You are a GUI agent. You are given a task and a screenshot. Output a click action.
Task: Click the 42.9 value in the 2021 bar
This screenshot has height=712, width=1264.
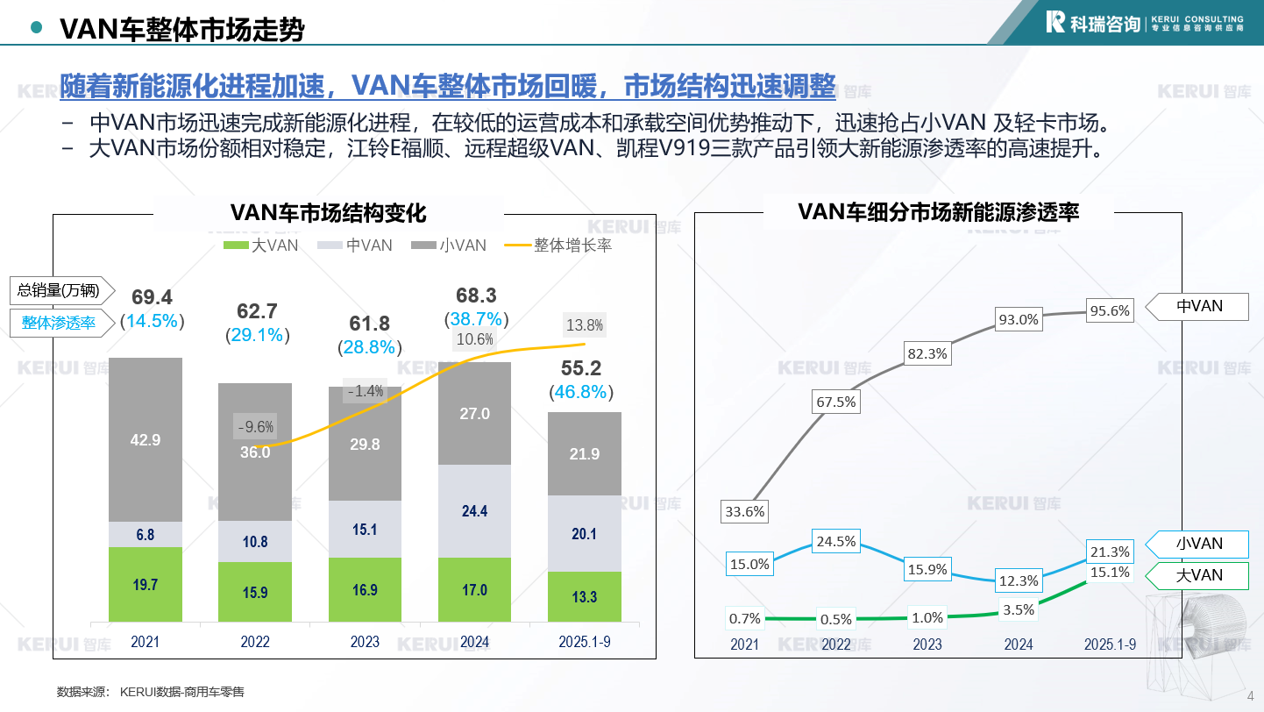(146, 440)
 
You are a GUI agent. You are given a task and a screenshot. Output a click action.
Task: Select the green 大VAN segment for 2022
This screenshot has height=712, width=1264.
(255, 592)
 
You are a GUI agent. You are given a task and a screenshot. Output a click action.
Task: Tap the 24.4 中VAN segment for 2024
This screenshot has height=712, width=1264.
(474, 510)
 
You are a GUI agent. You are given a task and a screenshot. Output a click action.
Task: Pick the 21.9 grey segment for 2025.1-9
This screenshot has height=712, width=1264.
(584, 453)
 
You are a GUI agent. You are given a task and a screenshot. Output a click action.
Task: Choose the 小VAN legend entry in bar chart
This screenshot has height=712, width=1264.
(449, 246)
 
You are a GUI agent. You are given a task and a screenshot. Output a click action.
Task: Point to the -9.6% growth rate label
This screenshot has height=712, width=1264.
(256, 427)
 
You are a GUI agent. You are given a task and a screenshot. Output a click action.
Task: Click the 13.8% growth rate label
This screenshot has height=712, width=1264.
(585, 325)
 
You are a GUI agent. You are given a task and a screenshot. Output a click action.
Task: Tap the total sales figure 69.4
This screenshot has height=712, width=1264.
(152, 297)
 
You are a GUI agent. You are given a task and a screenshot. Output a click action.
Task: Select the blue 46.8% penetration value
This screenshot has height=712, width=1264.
(580, 392)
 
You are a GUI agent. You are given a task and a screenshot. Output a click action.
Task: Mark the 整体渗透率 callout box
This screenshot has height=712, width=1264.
(59, 323)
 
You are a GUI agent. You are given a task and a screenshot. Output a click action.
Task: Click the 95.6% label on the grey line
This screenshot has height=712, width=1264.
(1109, 310)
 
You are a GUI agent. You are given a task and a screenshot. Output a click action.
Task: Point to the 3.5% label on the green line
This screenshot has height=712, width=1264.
(1019, 609)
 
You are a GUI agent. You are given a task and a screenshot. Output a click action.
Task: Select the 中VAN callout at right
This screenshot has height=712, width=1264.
(1198, 306)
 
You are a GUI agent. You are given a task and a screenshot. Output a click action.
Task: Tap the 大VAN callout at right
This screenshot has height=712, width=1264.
(1198, 575)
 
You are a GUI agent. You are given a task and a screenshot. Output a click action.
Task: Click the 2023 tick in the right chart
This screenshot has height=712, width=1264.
(927, 644)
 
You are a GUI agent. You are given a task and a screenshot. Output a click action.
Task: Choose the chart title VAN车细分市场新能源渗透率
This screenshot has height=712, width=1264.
(938, 212)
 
